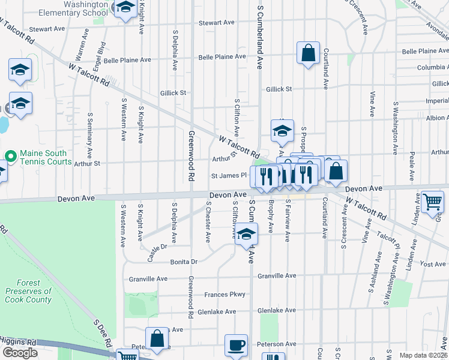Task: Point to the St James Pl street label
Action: [229, 176]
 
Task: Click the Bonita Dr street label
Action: [184, 262]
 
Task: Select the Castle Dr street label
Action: [157, 252]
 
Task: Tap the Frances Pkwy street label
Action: [225, 294]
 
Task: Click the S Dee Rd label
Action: [103, 334]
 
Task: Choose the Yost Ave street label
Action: [433, 264]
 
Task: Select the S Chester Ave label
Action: [208, 221]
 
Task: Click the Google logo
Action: [20, 353]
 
